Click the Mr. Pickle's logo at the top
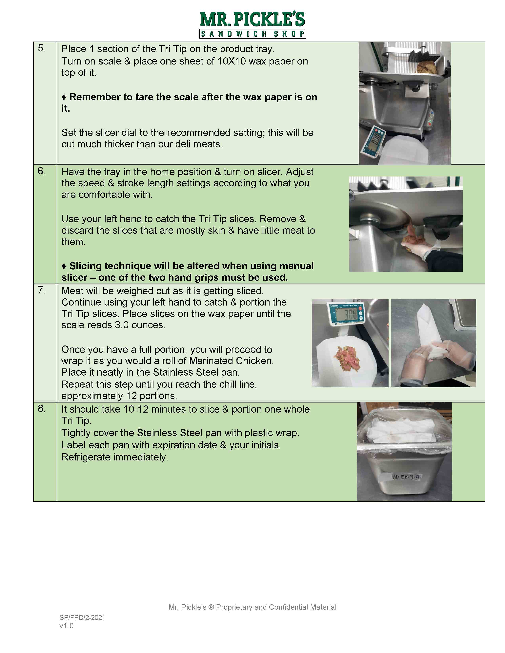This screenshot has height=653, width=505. (252, 25)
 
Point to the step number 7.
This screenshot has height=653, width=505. (42, 290)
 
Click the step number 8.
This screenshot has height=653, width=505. (42, 408)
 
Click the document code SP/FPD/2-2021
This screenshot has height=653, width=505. (82, 617)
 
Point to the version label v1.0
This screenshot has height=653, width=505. (66, 626)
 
